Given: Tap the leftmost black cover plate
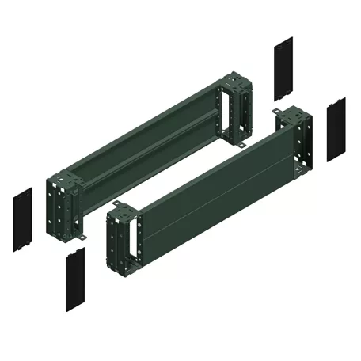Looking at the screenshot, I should click(x=22, y=220).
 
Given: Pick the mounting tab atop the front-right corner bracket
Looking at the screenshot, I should click(x=279, y=115).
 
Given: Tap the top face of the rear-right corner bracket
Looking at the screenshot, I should click(x=234, y=79).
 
